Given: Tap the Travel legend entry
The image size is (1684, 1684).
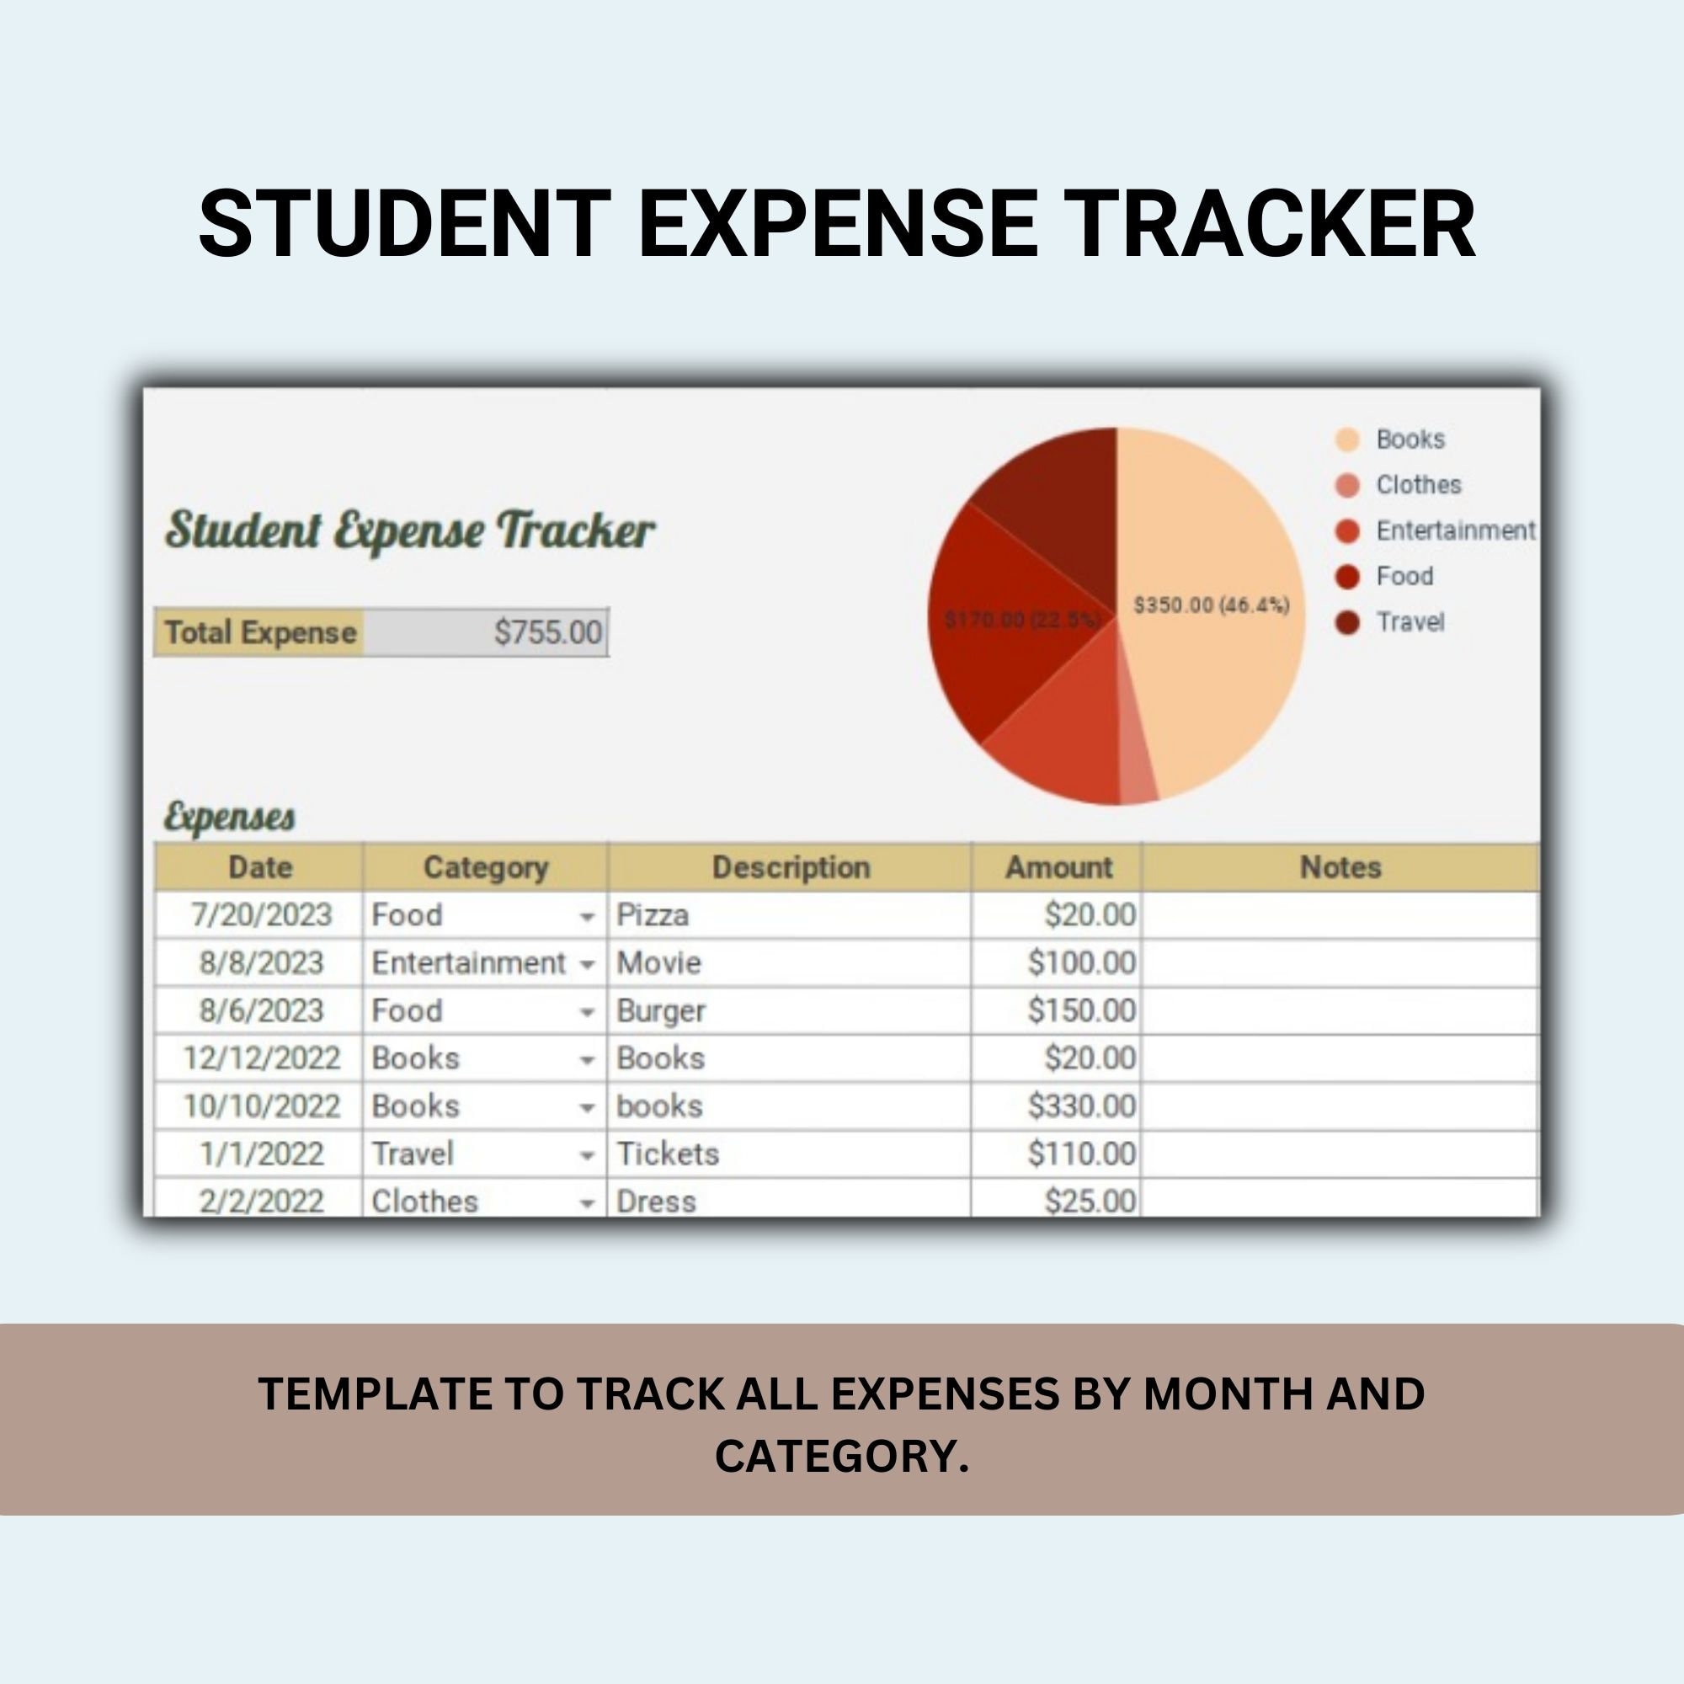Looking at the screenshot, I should point(1410,622).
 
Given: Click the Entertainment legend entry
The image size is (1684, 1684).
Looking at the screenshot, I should point(1455,530).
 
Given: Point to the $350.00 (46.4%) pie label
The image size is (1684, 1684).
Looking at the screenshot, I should point(1211,605).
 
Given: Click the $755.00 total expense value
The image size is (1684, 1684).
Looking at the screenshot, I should point(547,632).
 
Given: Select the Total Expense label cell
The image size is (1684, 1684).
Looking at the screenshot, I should point(259,632).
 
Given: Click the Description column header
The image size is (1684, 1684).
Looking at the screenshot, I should point(791,867).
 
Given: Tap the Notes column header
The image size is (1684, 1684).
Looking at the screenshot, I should point(1340,867).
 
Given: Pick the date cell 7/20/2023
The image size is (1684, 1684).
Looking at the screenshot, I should point(261,915).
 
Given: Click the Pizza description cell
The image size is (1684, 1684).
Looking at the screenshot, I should point(653,915).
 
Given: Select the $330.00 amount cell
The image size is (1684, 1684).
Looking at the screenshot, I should point(1081,1106).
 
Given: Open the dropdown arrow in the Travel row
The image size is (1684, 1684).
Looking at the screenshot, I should point(587,1156).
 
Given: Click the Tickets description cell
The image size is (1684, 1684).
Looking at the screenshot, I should point(668,1154).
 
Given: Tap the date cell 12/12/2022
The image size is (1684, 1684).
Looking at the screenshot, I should point(261,1058).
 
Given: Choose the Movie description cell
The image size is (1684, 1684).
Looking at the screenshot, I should point(659,963).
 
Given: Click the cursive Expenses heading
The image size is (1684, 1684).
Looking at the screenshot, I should point(229,817).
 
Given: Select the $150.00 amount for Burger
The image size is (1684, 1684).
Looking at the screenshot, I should point(1081,1011).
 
